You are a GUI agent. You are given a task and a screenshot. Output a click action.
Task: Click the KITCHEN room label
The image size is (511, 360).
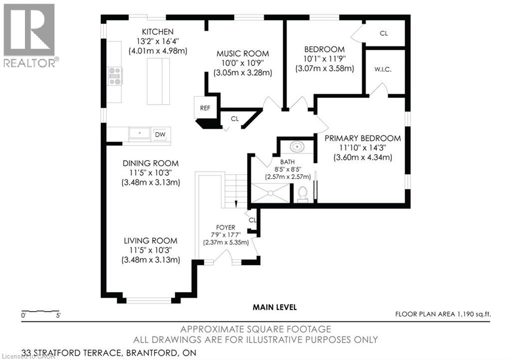tap(158, 32)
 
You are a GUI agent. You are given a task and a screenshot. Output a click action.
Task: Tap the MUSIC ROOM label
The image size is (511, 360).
tap(243, 54)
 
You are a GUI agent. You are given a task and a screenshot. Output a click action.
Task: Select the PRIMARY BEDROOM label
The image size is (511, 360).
tap(363, 138)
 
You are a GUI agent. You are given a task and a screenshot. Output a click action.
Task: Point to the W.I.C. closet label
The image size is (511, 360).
tap(383, 70)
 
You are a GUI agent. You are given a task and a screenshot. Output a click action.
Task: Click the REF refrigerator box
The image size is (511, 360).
tap(205, 108)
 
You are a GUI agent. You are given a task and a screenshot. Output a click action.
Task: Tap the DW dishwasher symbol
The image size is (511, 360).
tap(160, 135)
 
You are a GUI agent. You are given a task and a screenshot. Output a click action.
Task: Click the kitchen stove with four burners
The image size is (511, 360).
tap(115, 76)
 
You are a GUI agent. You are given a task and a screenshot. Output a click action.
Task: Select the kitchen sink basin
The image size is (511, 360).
tap(140, 133)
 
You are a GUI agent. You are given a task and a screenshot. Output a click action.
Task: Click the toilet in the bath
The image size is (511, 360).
tap(303, 194)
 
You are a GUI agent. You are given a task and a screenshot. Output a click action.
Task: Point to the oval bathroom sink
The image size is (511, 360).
tap(297, 147)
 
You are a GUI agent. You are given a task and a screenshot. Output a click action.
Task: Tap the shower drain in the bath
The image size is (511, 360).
tap(270, 193)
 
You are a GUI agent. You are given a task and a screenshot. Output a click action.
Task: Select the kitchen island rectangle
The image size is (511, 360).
tap(158, 81)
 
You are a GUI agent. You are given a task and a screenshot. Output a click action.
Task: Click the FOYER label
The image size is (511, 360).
tap(226, 227)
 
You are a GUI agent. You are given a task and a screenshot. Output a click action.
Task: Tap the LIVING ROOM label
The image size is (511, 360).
tap(151, 241)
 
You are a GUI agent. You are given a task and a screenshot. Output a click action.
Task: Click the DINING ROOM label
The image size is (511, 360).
tap(151, 164)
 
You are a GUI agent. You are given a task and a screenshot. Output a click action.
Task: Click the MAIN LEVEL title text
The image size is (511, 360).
tap(275, 307)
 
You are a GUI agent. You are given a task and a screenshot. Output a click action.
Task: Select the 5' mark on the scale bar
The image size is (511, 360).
tap(58, 316)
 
